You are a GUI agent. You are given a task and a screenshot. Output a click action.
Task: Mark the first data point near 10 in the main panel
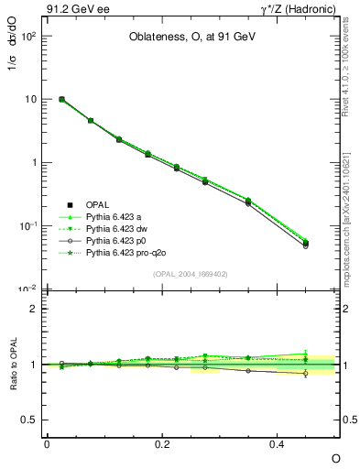click(x=61, y=99)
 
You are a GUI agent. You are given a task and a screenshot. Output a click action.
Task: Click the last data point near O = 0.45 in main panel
click(x=305, y=244)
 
